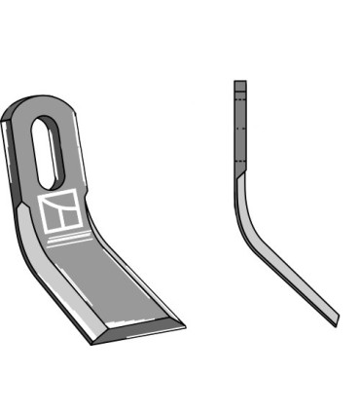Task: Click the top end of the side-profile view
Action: pyautogui.click(x=240, y=83)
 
